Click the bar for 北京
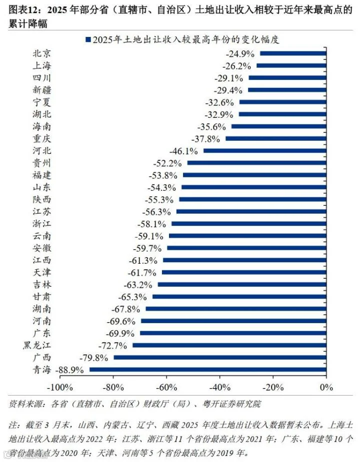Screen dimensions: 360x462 coord(293,53)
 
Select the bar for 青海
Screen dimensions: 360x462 coord(207,370)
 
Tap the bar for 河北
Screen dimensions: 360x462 coord(265,150)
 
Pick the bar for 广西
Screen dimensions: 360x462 coord(220,358)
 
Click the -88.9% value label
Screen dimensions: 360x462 coord(69,370)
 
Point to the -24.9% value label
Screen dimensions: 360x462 coord(240,53)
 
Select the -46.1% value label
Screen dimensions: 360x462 coord(183,151)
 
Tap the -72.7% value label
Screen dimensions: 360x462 coord(112,345)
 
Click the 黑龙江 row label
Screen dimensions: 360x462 coord(37,345)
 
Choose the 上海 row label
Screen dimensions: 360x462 coord(42,65)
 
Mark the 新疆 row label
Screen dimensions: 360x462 coord(42,90)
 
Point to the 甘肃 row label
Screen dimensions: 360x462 coord(42,296)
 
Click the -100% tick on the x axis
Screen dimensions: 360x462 coord(60,387)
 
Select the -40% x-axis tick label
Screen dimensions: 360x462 coord(220,387)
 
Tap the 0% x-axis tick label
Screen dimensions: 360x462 coord(326,387)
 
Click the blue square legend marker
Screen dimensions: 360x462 coord(88,39)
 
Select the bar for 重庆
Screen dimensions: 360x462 coord(276,138)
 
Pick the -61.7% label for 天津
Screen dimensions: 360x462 coord(142,273)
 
